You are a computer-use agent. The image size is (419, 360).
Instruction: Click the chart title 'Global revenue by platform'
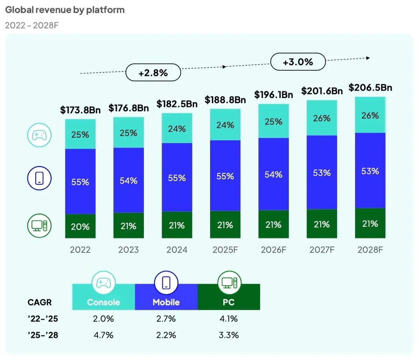(65, 10)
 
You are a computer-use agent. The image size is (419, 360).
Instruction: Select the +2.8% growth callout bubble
(153, 73)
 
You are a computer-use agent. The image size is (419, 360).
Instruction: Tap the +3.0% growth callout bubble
(298, 62)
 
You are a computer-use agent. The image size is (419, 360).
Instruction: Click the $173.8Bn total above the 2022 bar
(80, 110)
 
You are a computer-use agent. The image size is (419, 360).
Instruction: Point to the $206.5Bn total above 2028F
(370, 88)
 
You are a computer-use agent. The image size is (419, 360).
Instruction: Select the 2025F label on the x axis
(225, 250)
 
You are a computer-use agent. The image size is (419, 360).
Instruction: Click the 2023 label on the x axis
(128, 250)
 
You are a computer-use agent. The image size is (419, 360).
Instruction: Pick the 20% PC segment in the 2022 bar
(80, 226)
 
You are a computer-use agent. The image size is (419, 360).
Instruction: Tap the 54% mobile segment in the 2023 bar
(128, 180)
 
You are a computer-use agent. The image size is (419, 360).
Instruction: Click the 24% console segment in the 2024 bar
(177, 129)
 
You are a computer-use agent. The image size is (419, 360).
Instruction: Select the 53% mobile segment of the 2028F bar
(370, 171)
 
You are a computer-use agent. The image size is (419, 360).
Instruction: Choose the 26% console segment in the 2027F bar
(322, 118)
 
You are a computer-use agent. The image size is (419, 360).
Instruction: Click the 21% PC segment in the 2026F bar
(273, 225)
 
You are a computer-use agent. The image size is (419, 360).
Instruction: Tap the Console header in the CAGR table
(103, 302)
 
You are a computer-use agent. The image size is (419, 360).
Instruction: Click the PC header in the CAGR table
(229, 302)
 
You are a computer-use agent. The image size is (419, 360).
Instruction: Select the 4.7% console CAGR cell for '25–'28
(103, 335)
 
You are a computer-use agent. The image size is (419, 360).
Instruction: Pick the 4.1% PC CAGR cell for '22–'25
(229, 318)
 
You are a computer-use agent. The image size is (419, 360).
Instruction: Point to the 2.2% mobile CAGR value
(166, 335)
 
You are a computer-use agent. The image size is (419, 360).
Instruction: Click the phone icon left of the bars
(39, 178)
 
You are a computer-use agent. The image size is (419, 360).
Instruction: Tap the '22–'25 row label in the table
(43, 318)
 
